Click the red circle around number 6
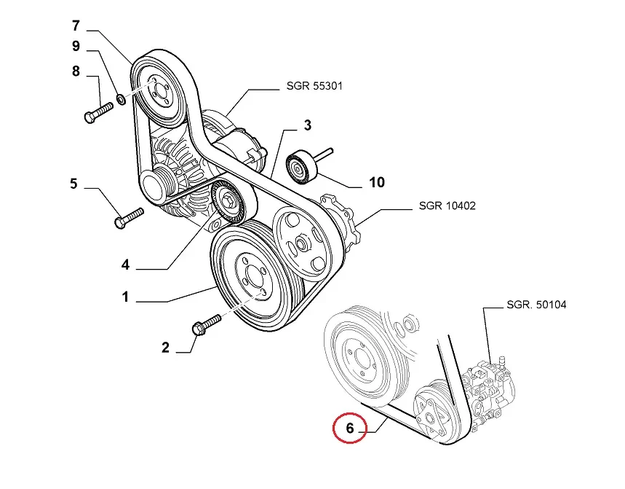pyautogui.click(x=350, y=429)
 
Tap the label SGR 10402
pyautogui.click(x=447, y=206)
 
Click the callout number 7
pyautogui.click(x=76, y=26)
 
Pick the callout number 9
pyautogui.click(x=76, y=47)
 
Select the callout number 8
pyautogui.click(x=76, y=71)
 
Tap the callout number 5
pyautogui.click(x=73, y=184)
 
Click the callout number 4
pyautogui.click(x=125, y=265)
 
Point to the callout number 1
pyautogui.click(x=125, y=297)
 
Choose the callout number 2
pyautogui.click(x=165, y=348)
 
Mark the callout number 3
pyautogui.click(x=307, y=126)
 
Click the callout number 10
pyautogui.click(x=376, y=182)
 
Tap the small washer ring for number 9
pyautogui.click(x=122, y=98)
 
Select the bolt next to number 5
pyautogui.click(x=129, y=217)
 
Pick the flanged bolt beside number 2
pyautogui.click(x=207, y=324)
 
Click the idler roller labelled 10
pyautogui.click(x=301, y=167)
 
